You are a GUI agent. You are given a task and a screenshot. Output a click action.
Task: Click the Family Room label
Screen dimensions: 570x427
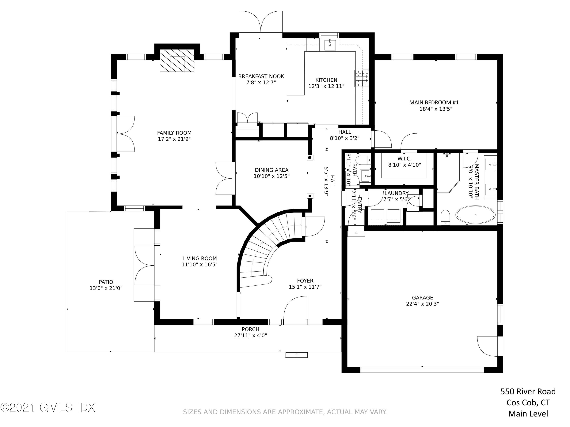click(174, 133)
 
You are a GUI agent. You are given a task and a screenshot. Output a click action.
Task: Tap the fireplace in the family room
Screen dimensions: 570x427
click(177, 61)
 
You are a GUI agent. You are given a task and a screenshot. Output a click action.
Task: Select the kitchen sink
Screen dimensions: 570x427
click(330, 45)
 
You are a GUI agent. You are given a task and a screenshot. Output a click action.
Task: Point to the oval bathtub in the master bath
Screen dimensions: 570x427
click(475, 214)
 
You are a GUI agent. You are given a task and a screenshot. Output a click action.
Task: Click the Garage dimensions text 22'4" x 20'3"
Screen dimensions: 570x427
click(423, 304)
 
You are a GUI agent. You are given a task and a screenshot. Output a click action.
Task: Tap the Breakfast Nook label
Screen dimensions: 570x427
click(261, 76)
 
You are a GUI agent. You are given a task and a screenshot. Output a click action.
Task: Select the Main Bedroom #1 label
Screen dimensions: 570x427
click(434, 102)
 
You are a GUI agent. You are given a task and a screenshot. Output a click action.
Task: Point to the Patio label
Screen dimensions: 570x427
click(106, 282)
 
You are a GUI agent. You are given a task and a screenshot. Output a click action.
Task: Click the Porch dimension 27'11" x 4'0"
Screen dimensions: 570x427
click(250, 335)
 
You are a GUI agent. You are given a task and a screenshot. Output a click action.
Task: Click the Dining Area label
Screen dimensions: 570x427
click(272, 170)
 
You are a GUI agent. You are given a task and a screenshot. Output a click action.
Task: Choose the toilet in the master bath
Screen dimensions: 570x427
click(445, 217)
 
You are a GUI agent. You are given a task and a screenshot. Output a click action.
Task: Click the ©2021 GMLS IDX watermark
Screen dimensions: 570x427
click(48, 407)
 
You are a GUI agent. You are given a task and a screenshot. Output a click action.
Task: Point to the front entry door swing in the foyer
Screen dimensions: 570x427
click(295, 310)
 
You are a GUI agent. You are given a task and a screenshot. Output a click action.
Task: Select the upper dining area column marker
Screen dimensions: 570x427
click(310, 158)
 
